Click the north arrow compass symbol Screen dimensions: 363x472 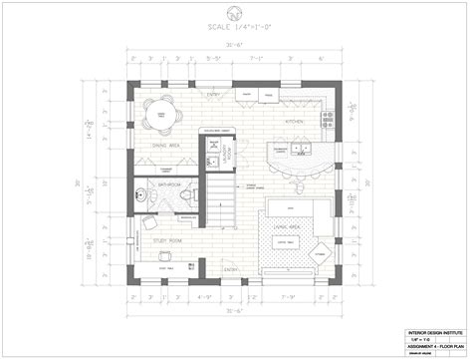coord(236,13)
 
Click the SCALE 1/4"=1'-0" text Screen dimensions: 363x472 coord(236,28)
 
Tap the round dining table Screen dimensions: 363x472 coord(159,117)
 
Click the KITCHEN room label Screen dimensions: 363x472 coord(294,121)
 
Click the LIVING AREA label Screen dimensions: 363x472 coord(289,227)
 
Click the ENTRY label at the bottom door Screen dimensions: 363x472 coord(230,270)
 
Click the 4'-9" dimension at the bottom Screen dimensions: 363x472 coord(207,296)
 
